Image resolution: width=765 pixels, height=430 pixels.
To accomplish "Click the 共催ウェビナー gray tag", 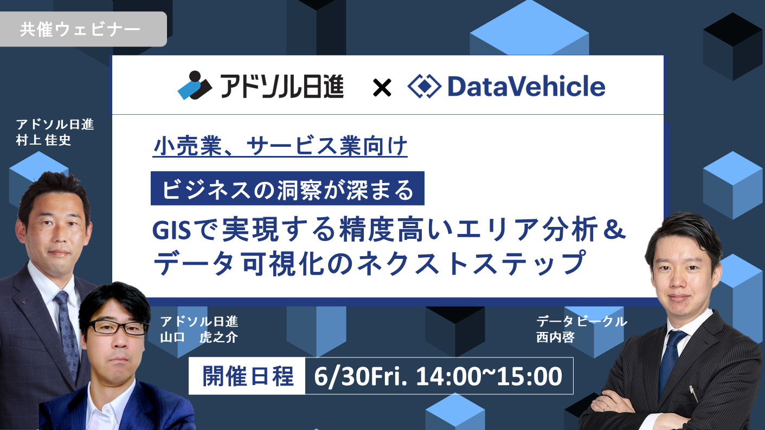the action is pyautogui.click(x=83, y=29).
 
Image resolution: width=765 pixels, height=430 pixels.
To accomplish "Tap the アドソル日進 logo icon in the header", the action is pyautogui.click(x=195, y=85).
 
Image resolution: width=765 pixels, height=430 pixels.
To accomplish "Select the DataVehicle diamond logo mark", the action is pyautogui.click(x=424, y=86).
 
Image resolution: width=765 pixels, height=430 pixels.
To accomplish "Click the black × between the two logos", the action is pyautogui.click(x=382, y=88).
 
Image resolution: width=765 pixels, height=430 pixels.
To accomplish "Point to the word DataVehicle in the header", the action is pyautogui.click(x=526, y=86).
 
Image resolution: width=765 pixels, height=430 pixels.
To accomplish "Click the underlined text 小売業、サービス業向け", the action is pyautogui.click(x=280, y=146).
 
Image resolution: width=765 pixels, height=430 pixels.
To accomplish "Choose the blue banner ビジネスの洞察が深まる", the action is pyautogui.click(x=287, y=188).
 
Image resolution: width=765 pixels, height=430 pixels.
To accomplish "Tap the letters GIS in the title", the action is pyautogui.click(x=171, y=230).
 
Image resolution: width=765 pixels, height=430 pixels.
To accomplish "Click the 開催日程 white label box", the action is pyautogui.click(x=247, y=376).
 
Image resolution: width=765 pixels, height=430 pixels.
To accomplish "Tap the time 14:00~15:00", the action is pyautogui.click(x=489, y=376).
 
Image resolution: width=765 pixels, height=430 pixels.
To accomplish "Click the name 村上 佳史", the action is pyautogui.click(x=43, y=140).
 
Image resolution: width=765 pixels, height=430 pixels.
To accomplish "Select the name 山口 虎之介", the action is pyautogui.click(x=199, y=337).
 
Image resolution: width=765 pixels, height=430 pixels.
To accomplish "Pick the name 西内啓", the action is pyautogui.click(x=555, y=337).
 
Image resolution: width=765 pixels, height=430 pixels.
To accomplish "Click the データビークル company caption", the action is pyautogui.click(x=582, y=322).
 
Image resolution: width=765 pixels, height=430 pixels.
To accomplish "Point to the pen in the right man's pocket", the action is pyautogui.click(x=695, y=394).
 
